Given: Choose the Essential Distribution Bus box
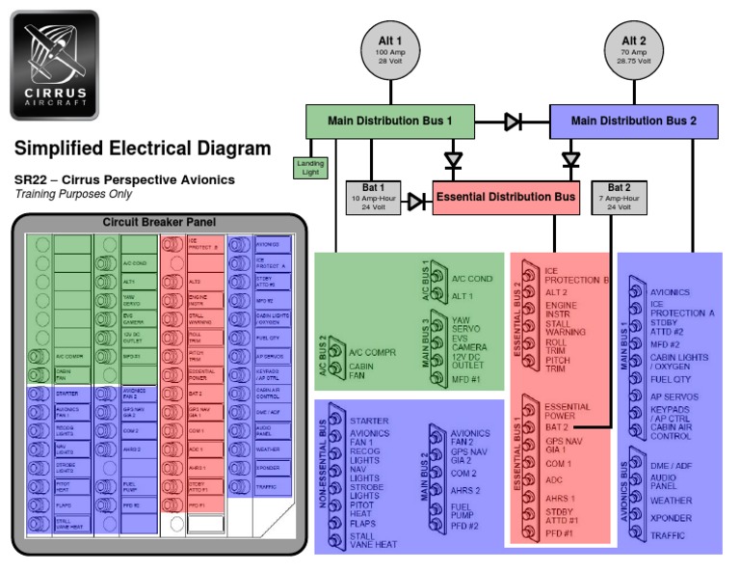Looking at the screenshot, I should pyautogui.click(x=506, y=198).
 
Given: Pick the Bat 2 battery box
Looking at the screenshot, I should pyautogui.click(x=620, y=198).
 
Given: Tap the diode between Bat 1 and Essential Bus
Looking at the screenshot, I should pyautogui.click(x=416, y=202).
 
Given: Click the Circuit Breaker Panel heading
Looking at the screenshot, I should pyautogui.click(x=160, y=222).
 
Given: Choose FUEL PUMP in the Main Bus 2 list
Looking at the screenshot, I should pyautogui.click(x=466, y=511).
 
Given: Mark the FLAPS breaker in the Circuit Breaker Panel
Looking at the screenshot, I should pyautogui.click(x=66, y=504).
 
